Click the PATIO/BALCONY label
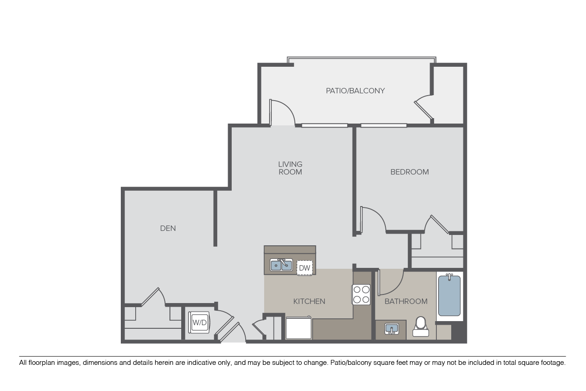pyautogui.click(x=355, y=91)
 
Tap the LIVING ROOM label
pyautogui.click(x=290, y=168)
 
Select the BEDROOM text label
pyautogui.click(x=409, y=172)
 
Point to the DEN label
pyautogui.click(x=168, y=229)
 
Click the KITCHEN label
pyautogui.click(x=309, y=302)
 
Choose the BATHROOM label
pyautogui.click(x=406, y=302)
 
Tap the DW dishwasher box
pyautogui.click(x=305, y=268)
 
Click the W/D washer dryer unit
pyautogui.click(x=199, y=322)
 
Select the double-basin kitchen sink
pyautogui.click(x=281, y=265)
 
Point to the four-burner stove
pyautogui.click(x=361, y=294)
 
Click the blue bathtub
pyautogui.click(x=449, y=295)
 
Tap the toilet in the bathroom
pyautogui.click(x=421, y=327)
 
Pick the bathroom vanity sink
pyautogui.click(x=392, y=329)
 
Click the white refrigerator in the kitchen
pyautogui.click(x=298, y=328)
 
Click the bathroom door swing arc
pyautogui.click(x=396, y=287)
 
